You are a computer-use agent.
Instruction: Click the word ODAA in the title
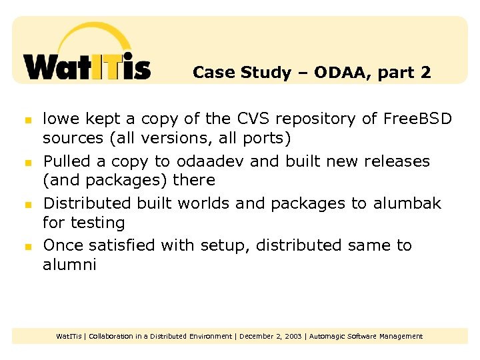point(335,73)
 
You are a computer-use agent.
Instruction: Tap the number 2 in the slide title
point(425,73)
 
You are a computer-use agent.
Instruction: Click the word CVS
point(255,119)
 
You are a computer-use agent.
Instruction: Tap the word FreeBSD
point(418,119)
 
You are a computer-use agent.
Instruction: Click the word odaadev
point(207,161)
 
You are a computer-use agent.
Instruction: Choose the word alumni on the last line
point(69,265)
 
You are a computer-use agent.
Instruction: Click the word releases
point(397,161)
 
